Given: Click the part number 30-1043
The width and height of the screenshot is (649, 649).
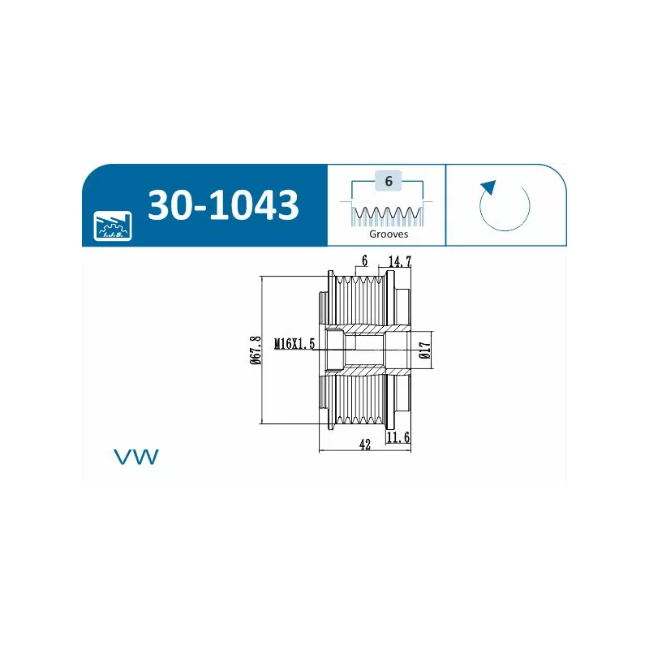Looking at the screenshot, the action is (223, 204).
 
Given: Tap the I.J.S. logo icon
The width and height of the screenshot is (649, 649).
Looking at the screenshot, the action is (113, 226).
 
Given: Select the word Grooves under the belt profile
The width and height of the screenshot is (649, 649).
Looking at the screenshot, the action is (389, 234).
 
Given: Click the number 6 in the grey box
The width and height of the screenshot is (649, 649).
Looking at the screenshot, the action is (389, 181).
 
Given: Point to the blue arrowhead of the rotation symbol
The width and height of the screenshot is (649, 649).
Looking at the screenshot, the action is (489, 187).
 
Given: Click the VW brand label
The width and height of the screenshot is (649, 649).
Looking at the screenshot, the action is (136, 457).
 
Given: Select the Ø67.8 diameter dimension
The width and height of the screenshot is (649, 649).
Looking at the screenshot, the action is (256, 350).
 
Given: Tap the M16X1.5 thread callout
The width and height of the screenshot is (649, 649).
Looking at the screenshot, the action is (294, 343).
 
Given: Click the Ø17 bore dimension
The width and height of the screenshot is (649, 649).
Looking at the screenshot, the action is (424, 350).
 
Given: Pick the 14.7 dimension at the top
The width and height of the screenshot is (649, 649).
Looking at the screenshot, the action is (400, 261).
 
